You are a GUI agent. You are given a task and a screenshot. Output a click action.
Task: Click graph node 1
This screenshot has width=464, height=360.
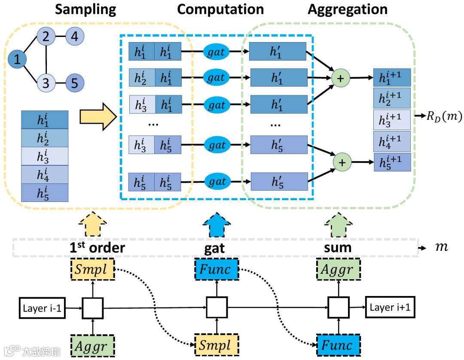(17, 60)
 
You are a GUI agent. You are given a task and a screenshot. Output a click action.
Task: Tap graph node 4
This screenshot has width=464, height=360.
(74, 37)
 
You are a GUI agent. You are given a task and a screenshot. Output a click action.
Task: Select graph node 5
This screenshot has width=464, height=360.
(74, 83)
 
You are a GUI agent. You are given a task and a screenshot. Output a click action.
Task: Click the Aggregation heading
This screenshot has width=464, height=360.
(347, 9)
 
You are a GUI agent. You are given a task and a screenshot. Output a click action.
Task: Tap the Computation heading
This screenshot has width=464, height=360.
(220, 9)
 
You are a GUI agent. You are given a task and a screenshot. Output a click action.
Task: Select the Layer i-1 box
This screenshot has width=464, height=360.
(42, 308)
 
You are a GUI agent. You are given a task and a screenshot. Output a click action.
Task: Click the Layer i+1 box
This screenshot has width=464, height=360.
(391, 308)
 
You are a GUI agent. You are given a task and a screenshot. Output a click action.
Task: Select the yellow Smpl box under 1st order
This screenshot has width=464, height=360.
(92, 270)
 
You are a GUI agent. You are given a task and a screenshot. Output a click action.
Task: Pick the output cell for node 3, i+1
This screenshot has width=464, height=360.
(392, 119)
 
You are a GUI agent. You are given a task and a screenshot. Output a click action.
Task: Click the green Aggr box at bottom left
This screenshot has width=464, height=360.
(92, 345)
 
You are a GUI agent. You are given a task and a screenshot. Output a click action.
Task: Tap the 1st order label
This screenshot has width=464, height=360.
(98, 247)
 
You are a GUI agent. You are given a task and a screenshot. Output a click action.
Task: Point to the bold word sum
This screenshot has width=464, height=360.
(337, 247)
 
